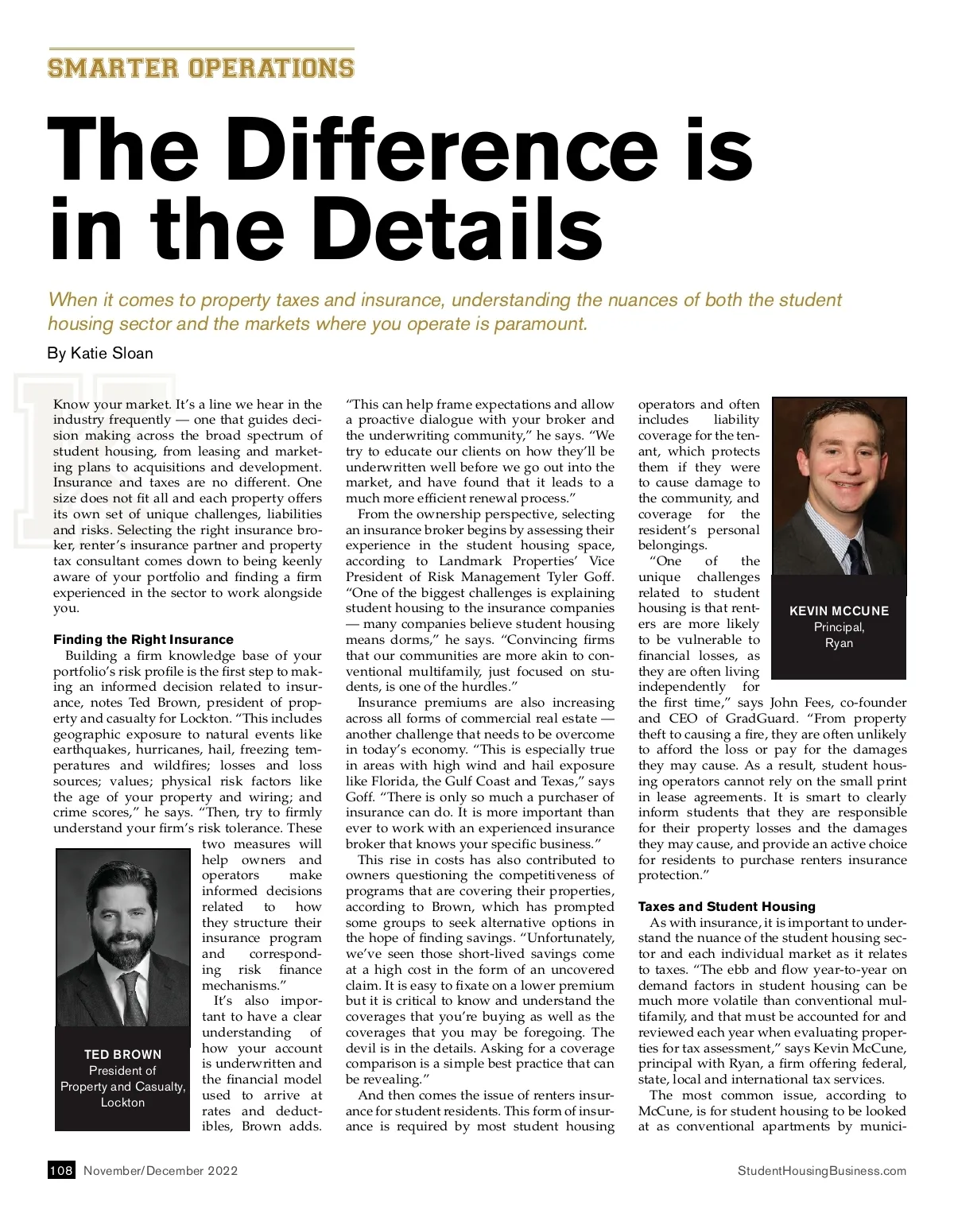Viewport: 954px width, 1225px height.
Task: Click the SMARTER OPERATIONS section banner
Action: [200, 67]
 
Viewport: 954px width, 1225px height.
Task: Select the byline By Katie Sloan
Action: [100, 353]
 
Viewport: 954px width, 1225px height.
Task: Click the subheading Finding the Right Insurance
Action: [143, 639]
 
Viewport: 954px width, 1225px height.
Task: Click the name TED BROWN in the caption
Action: [122, 1054]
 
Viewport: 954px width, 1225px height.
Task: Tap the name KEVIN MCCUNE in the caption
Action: [839, 611]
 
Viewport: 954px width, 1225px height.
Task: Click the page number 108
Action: [61, 1170]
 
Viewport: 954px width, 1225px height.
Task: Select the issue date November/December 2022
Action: [161, 1170]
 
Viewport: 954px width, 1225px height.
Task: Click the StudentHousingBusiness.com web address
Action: [822, 1170]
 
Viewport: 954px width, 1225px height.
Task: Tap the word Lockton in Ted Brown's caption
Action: [122, 1102]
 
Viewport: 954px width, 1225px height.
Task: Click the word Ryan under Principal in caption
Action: [839, 642]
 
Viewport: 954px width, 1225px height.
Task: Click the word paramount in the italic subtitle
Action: [539, 324]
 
